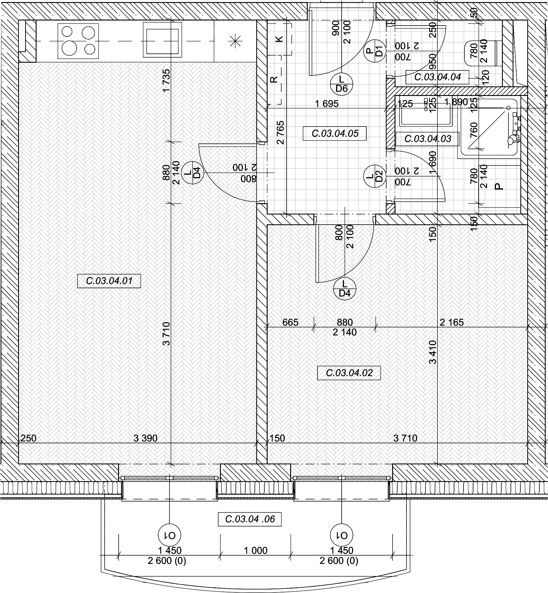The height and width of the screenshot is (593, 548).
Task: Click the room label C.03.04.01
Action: pos(109,281)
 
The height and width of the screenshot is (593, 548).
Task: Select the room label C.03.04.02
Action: pos(349,373)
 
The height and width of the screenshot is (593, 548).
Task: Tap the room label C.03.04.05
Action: pos(335,133)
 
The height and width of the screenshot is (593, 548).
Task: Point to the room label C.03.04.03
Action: pos(428,139)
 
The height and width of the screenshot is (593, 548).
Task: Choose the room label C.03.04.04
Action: pos(437,77)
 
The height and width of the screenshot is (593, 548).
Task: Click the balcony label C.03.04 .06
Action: pos(250,519)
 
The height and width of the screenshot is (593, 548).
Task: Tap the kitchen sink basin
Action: pos(162,40)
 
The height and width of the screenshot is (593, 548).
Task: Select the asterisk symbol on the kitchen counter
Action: pos(235,41)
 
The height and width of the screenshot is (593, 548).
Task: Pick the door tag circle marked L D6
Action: pos(341,84)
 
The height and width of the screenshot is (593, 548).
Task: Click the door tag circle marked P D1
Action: pos(375,51)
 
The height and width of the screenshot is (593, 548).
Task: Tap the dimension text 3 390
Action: pos(145,438)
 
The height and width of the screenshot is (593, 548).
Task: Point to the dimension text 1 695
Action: pos(327,104)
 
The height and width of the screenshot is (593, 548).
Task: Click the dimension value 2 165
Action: pos(452,322)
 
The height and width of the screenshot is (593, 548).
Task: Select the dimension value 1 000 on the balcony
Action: pos(256,551)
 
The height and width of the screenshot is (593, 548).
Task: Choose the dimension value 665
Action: pos(290,322)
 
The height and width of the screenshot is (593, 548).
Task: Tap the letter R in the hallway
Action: pos(274,79)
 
